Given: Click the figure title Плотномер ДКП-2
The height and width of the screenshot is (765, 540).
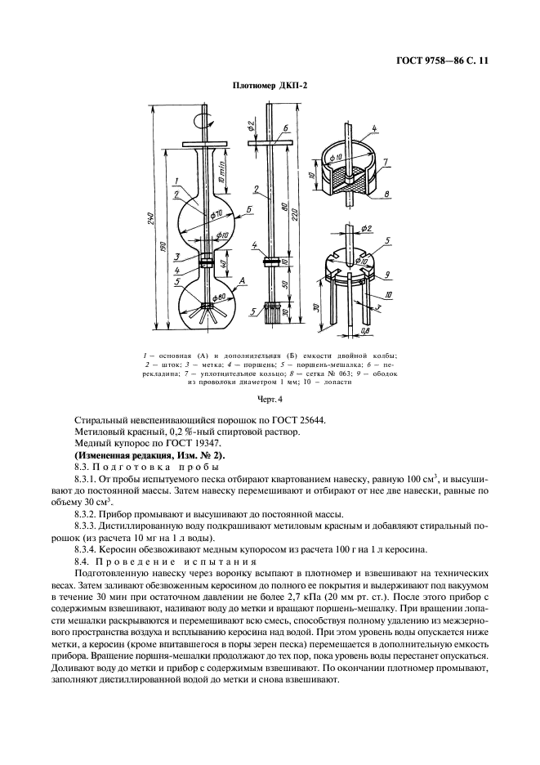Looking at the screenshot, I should (x=270, y=84).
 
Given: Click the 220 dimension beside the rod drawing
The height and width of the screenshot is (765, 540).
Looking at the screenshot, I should (x=292, y=217).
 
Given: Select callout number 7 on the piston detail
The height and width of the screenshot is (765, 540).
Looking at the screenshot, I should (x=385, y=163).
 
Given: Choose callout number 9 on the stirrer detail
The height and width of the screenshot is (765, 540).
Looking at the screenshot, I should (x=386, y=275).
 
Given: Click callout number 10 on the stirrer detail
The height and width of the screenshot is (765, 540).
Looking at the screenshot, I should (x=387, y=293).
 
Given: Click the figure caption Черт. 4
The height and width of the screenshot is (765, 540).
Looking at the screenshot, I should (x=270, y=399).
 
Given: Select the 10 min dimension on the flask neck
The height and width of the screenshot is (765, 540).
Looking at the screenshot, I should (x=222, y=169).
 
